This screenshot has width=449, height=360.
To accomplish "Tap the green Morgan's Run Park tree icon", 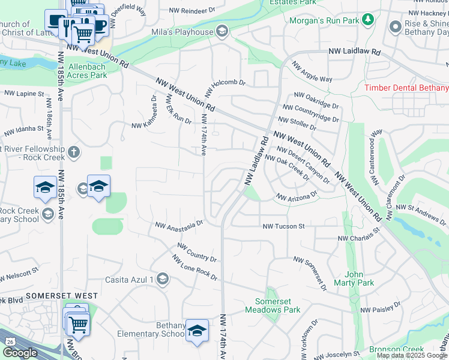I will click(368, 21).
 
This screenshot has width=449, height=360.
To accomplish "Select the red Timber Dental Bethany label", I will click(406, 88).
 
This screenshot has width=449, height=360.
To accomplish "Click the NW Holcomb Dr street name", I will click(226, 88).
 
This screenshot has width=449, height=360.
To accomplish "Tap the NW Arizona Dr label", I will click(296, 197).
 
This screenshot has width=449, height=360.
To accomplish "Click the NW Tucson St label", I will click(284, 226).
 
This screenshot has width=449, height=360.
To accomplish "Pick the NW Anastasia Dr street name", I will click(179, 225).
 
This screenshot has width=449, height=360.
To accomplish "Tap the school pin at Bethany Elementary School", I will click(197, 331).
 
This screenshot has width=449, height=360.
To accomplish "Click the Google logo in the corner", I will click(20, 353).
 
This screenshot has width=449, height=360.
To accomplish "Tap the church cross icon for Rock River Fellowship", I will click(74, 152).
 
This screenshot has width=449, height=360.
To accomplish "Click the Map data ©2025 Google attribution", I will click(412, 355).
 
